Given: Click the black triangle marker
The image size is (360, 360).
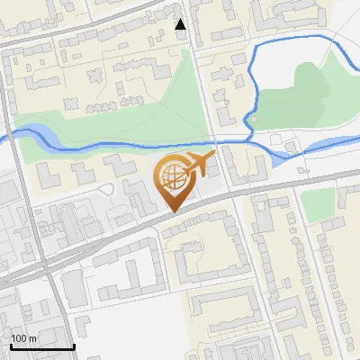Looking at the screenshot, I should pos(181,24).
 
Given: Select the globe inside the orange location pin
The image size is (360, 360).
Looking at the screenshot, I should pos(172,177).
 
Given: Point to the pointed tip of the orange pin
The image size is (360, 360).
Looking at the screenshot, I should pos(174,211).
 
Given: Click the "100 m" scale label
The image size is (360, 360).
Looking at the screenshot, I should pos(23,338).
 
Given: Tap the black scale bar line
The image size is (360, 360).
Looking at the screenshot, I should pos(41,346).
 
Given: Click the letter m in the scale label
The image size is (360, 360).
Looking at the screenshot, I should pos(32,338).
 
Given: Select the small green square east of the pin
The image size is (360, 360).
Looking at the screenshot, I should pos(318,205).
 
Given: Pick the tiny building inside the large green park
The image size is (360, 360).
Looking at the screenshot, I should pos(253,119).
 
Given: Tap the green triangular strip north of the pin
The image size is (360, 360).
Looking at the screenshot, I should pos(180,99).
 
